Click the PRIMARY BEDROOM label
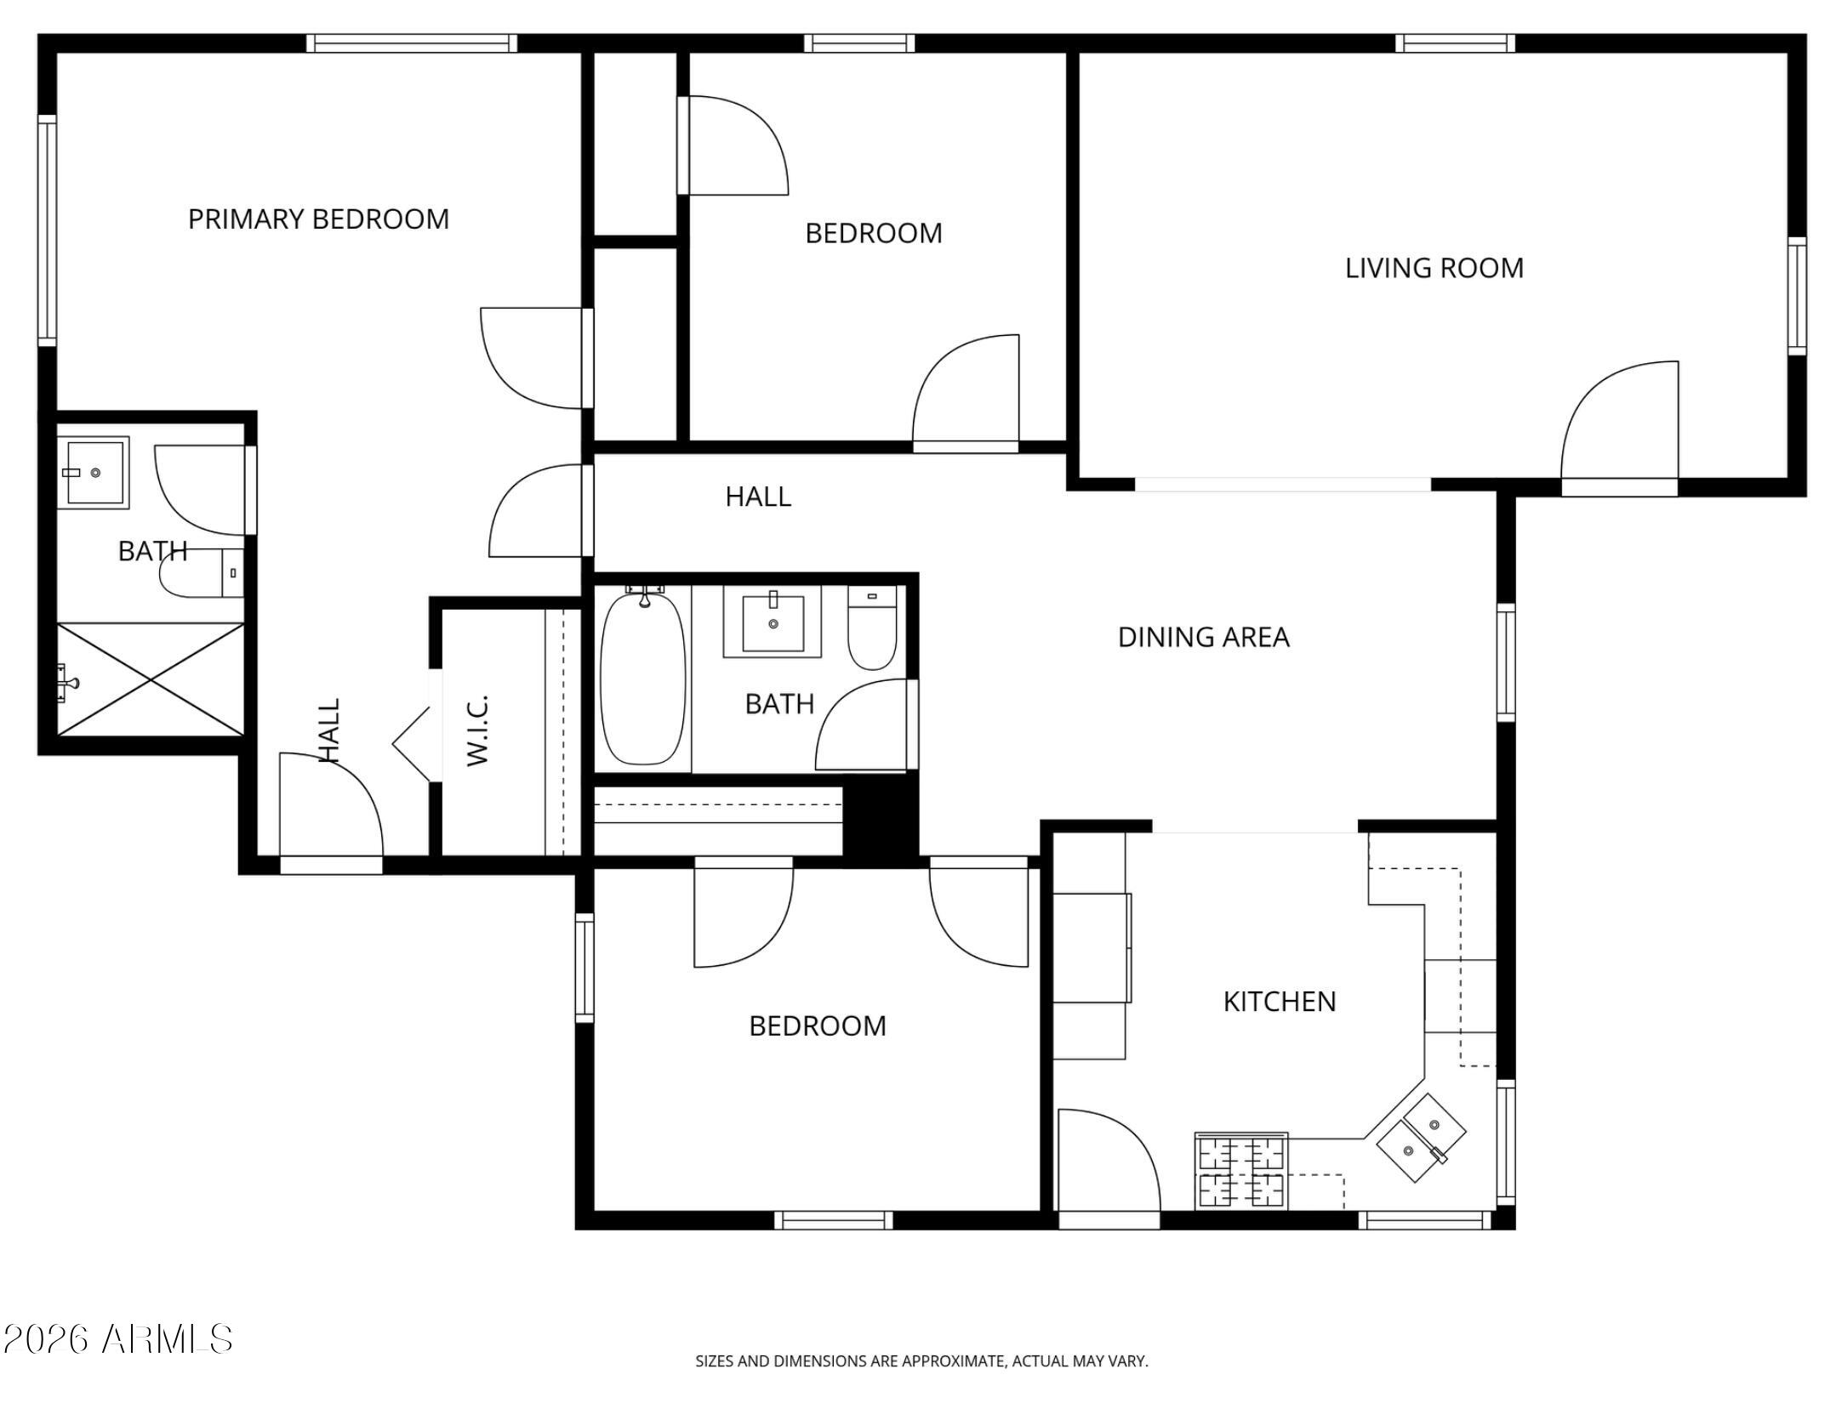pyautogui.click(x=318, y=219)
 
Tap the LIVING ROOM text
pyautogui.click(x=1434, y=269)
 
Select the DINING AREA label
pyautogui.click(x=1203, y=637)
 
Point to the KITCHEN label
pyautogui.click(x=1279, y=1002)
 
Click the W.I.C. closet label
pyautogui.click(x=478, y=730)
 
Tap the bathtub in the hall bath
pyautogui.click(x=642, y=679)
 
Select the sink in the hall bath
pyautogui.click(x=773, y=623)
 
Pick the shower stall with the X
pyautogui.click(x=151, y=679)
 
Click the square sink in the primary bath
pyautogui.click(x=94, y=473)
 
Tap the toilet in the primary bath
pyautogui.click(x=200, y=573)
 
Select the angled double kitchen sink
pyautogui.click(x=1421, y=1137)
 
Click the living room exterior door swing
pyautogui.click(x=1616, y=425)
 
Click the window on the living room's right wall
pyautogui.click(x=1796, y=296)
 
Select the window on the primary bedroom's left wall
pyautogui.click(x=47, y=230)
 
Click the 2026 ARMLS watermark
pyautogui.click(x=117, y=1339)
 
